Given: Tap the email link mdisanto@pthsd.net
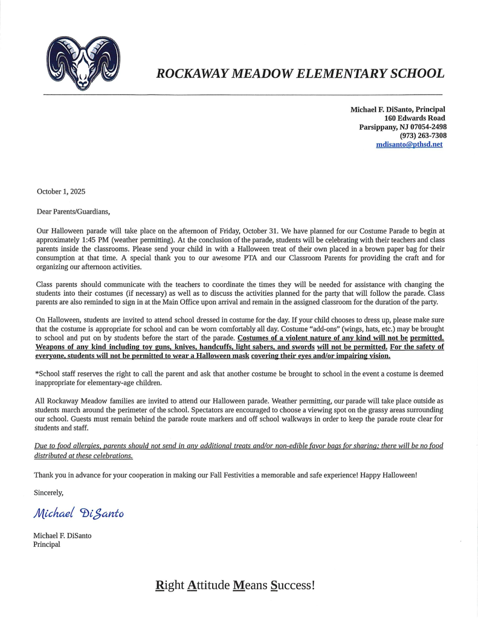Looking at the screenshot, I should (409, 145).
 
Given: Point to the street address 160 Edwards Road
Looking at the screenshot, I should (415, 118).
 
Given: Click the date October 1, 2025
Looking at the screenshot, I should (61, 192).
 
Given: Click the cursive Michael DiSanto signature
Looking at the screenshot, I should (79, 513).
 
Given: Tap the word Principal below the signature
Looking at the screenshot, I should (47, 544).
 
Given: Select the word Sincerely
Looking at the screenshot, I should (49, 492).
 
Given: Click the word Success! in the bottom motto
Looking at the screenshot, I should (292, 585).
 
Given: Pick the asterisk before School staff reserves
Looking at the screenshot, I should (37, 374).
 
